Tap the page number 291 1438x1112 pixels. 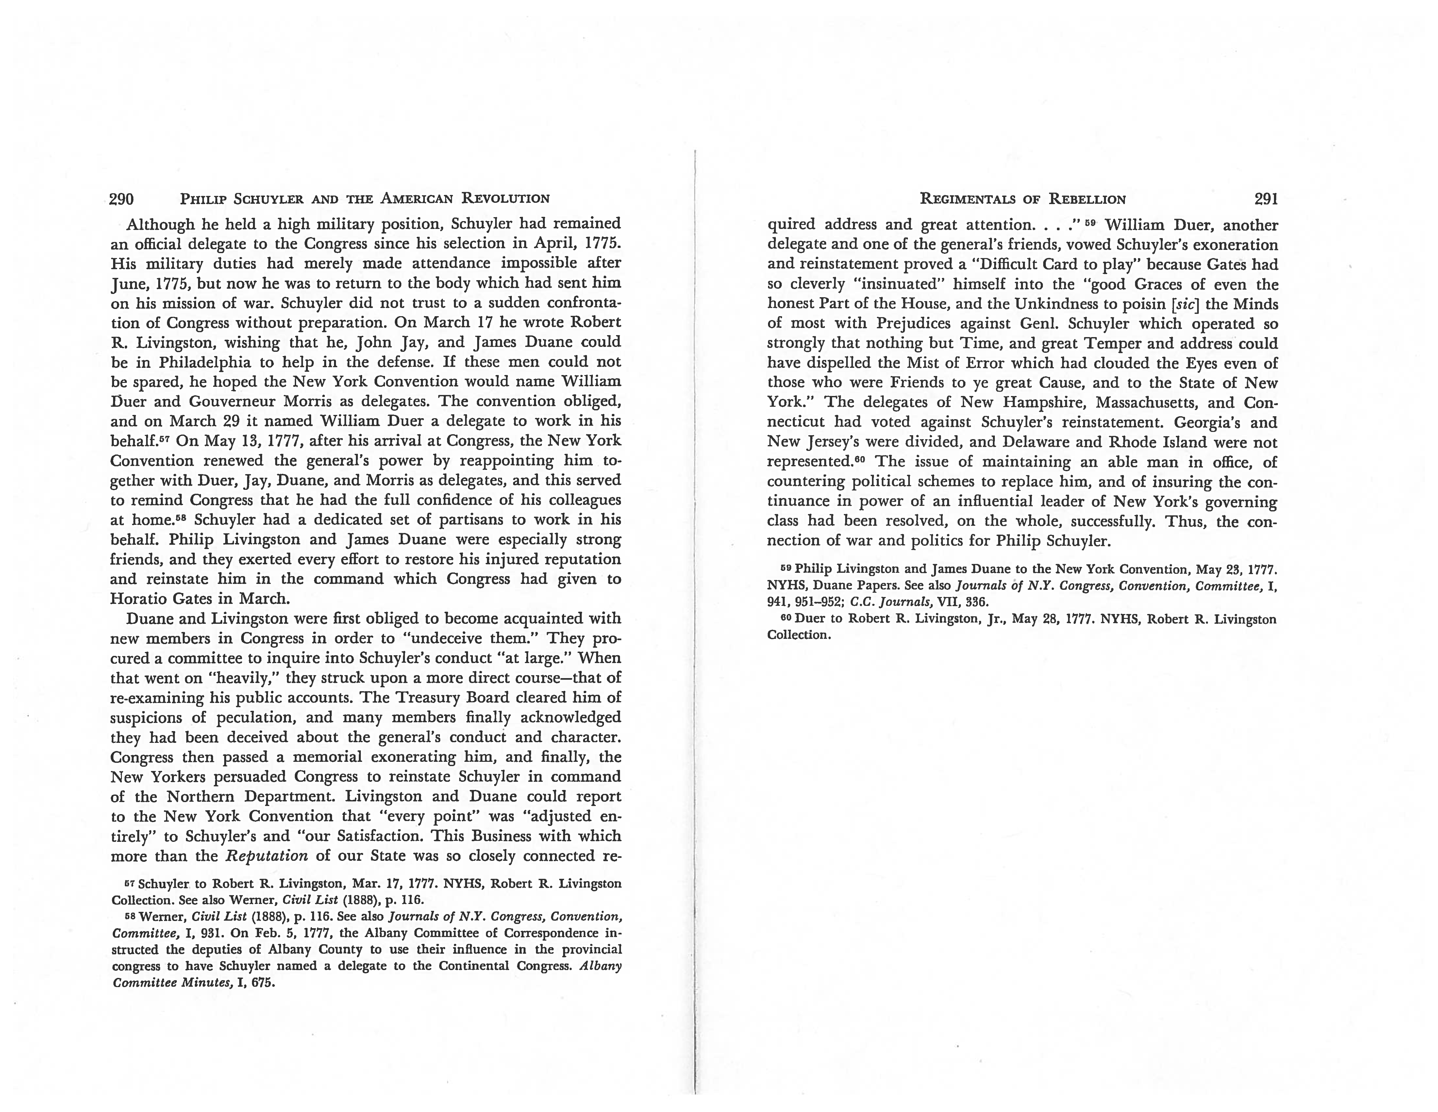(x=1265, y=199)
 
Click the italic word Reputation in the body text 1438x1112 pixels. (x=267, y=856)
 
